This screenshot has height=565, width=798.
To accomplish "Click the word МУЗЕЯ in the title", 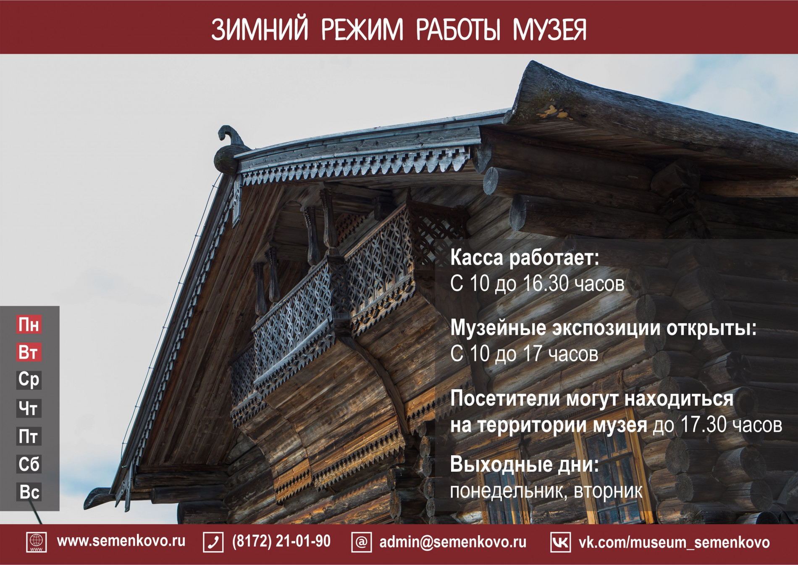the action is click(549, 29).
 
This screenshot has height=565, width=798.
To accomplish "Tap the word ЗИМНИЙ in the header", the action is click(260, 29).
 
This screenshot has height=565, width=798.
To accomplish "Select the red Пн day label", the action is click(29, 325).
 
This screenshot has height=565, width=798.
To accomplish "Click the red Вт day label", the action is click(29, 352).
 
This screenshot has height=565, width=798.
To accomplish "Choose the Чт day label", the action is click(29, 408).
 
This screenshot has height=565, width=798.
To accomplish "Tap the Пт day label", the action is click(29, 436).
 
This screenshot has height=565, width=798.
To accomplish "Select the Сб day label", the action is click(29, 464).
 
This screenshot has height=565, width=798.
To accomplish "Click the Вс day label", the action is click(29, 492).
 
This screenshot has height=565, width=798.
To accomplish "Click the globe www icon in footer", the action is click(37, 542).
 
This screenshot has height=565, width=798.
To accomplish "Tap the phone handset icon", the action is click(213, 542).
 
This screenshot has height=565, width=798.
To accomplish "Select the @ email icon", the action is click(362, 542).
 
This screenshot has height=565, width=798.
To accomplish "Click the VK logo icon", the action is click(561, 542).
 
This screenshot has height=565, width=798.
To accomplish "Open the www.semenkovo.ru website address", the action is click(121, 541).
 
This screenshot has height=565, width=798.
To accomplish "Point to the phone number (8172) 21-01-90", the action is click(281, 541).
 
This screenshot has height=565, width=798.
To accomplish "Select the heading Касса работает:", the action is click(525, 258).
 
